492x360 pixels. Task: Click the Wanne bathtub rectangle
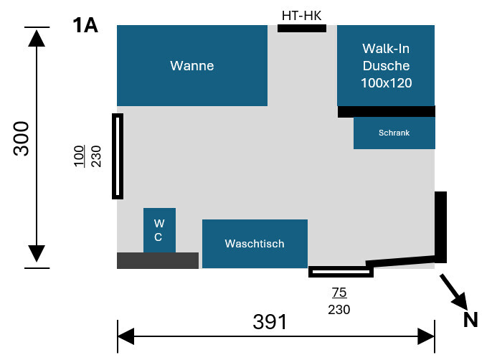coord(191,66)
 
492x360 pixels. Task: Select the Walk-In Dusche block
coord(386,65)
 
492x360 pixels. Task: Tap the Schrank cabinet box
coord(394,133)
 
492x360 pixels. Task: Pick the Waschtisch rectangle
coord(255,244)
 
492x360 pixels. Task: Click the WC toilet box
coord(159,230)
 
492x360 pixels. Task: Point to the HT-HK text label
coord(301,15)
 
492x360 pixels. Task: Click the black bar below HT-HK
coord(302,28)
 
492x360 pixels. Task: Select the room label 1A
coord(85,26)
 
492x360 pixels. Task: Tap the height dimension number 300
coord(22,138)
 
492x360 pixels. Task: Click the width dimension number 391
coord(270,322)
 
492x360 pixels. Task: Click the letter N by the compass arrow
coord(470,319)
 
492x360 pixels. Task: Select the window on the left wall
coord(118,156)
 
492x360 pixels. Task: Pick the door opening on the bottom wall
coord(341,272)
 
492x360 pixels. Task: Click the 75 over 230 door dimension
coord(339,301)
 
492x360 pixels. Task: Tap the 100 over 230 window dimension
coord(90,156)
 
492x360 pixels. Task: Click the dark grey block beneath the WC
coord(158,260)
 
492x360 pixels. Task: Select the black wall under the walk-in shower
coord(386,111)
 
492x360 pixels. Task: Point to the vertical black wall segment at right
coord(440,227)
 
